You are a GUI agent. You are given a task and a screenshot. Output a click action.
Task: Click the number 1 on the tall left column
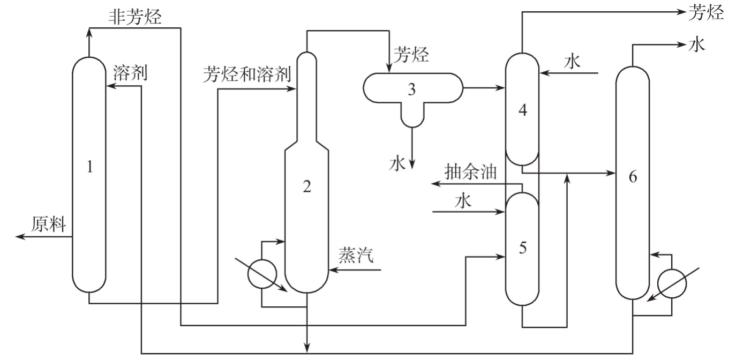89,168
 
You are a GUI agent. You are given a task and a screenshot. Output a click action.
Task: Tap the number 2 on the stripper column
306,186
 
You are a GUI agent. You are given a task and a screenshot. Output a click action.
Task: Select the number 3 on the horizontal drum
411,89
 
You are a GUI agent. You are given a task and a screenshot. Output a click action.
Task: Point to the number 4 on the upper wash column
523,111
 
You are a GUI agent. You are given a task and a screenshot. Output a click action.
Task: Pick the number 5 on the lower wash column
523,248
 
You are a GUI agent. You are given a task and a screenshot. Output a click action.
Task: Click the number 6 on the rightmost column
633,177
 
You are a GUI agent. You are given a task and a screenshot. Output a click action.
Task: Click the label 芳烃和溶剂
246,74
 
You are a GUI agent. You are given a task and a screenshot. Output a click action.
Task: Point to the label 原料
48,224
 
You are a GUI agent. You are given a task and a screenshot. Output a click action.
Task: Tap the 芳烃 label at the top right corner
705,12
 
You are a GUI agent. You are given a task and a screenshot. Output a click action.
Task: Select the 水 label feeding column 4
573,62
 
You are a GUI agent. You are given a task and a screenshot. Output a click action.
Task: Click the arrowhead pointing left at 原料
20,236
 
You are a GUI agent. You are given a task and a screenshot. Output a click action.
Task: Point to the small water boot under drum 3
411,117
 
